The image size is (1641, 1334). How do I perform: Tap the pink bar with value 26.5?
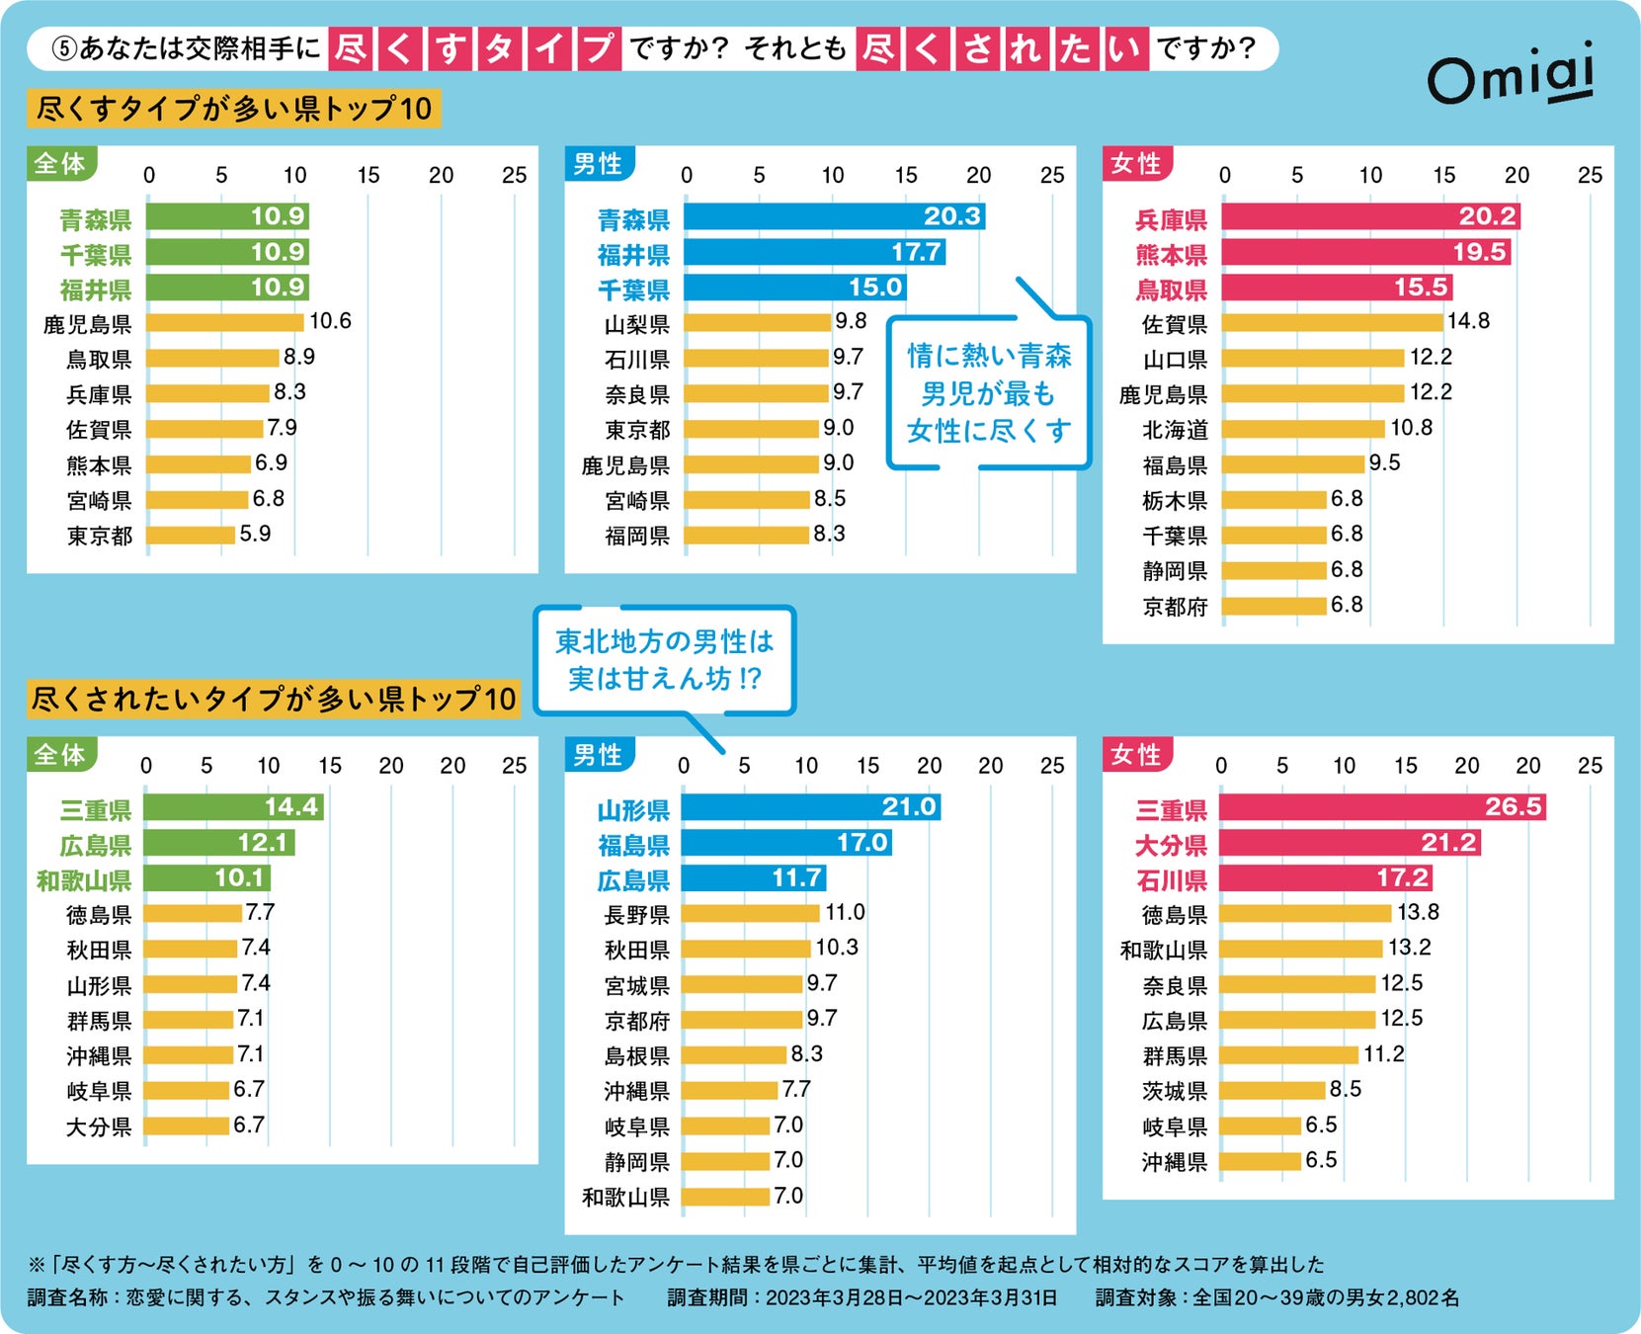tap(1381, 807)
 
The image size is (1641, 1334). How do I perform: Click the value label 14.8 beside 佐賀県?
tap(1468, 321)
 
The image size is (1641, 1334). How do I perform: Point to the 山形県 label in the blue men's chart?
tap(633, 811)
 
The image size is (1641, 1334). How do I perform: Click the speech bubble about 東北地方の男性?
tap(664, 660)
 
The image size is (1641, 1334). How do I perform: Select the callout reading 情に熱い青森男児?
tap(988, 393)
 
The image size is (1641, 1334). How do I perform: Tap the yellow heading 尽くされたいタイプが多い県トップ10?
tap(274, 700)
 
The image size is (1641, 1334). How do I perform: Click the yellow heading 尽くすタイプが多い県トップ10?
tap(234, 109)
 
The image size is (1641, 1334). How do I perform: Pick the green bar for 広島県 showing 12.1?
tap(218, 843)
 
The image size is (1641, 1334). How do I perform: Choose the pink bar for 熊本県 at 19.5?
tap(1364, 252)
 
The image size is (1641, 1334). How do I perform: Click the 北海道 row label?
tap(1175, 430)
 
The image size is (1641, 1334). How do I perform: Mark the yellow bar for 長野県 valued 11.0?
tap(750, 914)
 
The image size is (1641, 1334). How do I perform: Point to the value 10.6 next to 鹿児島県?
tap(330, 321)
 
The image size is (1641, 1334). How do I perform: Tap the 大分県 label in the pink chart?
tap(1171, 846)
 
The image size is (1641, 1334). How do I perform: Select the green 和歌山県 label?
tap(84, 880)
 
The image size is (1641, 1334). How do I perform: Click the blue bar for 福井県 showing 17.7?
tap(813, 252)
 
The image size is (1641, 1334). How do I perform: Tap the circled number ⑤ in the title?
tap(64, 48)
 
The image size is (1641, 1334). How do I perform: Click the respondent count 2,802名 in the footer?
tap(1422, 1297)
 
